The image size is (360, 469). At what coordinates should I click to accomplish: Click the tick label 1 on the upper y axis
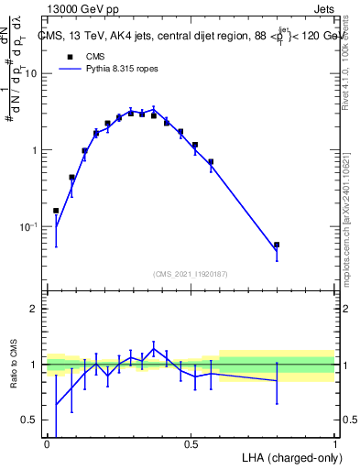(x=34, y=150)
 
